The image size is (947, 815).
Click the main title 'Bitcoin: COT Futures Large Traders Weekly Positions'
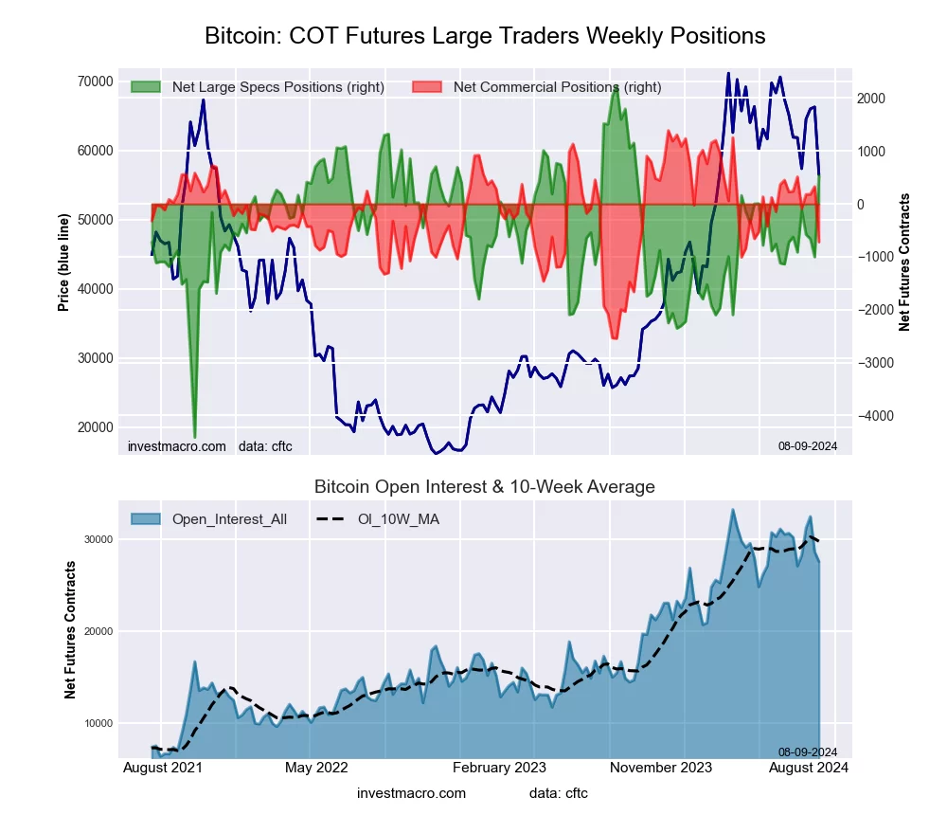point(485,36)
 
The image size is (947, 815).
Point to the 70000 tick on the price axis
point(95,81)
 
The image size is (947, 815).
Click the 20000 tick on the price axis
point(95,427)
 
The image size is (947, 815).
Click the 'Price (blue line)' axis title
point(63,263)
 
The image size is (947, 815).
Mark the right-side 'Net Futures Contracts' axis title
point(904,263)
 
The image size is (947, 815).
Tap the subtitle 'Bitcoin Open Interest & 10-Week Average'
point(485,487)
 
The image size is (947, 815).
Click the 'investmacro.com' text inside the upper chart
point(177,446)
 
